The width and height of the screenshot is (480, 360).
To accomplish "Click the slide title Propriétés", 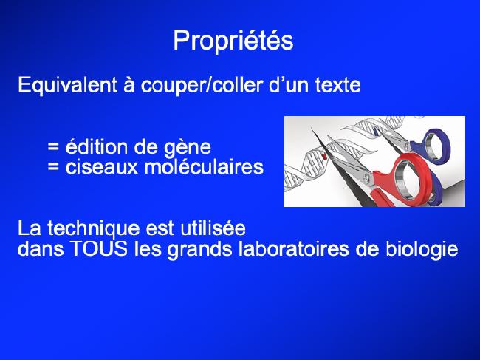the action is tap(233, 41).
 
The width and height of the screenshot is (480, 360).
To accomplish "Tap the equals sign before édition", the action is tap(53, 148).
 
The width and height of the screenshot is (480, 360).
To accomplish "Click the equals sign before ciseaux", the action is tap(53, 168).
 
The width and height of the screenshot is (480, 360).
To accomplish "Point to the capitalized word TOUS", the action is tap(99, 249).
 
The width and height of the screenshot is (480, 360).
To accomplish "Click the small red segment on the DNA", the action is tap(323, 157).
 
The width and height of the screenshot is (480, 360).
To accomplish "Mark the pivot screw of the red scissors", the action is tap(367, 177).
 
